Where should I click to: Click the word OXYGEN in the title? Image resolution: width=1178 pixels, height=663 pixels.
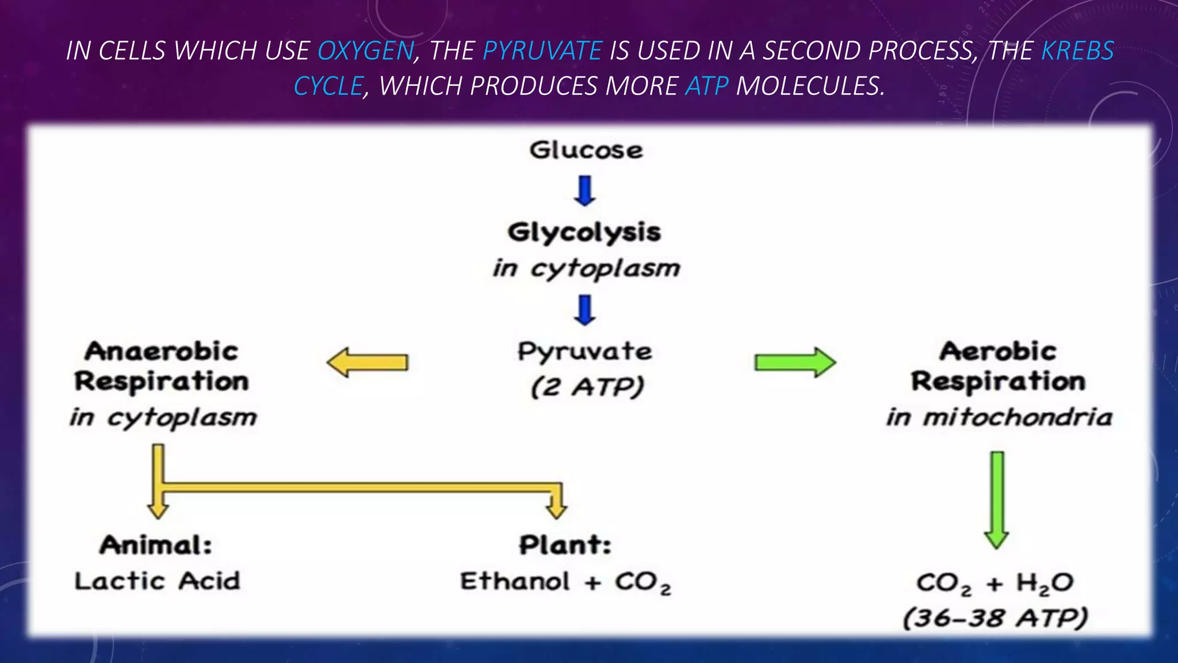(366, 51)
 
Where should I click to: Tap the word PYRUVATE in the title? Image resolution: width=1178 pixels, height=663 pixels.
(542, 51)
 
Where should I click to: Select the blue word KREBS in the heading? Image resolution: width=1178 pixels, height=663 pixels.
(1077, 51)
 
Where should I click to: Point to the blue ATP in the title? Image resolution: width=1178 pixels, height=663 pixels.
(706, 86)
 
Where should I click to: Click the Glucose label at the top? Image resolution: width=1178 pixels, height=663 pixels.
(586, 150)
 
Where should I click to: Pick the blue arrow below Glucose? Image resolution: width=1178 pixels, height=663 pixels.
(585, 191)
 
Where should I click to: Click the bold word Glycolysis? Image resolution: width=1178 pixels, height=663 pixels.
(584, 233)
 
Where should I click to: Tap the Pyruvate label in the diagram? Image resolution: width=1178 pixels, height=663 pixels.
(585, 351)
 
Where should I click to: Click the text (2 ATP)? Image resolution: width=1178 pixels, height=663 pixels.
(587, 387)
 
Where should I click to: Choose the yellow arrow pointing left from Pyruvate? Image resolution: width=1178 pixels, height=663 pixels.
(368, 363)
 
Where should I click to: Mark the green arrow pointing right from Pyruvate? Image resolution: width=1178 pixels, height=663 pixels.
(795, 363)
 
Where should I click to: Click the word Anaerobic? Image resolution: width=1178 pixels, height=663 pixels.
(162, 351)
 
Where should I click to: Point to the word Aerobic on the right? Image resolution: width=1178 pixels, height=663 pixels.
(999, 351)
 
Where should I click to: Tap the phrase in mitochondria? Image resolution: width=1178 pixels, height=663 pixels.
(999, 417)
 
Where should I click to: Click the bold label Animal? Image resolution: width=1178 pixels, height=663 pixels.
(156, 545)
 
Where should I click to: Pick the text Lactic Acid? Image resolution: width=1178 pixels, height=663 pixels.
(157, 581)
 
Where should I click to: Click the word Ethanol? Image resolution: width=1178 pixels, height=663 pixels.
(515, 581)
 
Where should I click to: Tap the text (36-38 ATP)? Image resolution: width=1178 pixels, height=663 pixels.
(996, 619)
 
